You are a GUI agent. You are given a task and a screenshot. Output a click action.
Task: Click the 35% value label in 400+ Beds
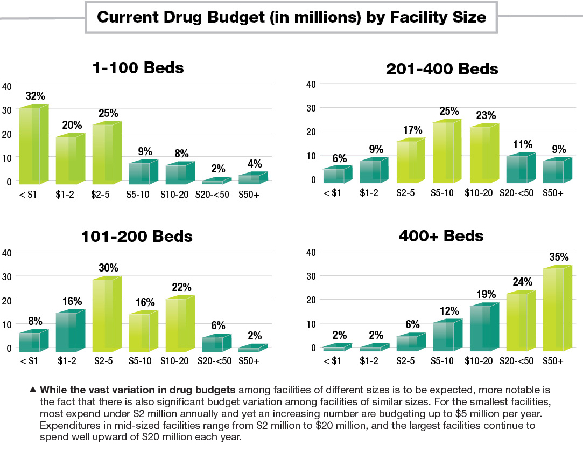click(x=558, y=257)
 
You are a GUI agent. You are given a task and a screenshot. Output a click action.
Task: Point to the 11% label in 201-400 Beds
click(x=522, y=144)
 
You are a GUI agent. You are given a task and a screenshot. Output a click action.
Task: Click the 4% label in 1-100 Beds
click(x=254, y=163)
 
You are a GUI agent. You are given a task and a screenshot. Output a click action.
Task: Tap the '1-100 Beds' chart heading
click(x=138, y=68)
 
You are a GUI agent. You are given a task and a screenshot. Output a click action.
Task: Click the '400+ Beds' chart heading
click(x=441, y=236)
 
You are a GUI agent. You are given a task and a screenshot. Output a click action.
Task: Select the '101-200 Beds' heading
click(x=137, y=237)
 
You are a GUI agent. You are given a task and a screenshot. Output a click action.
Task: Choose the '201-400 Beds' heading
click(x=441, y=69)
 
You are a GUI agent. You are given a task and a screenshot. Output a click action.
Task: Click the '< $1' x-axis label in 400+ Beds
click(x=332, y=362)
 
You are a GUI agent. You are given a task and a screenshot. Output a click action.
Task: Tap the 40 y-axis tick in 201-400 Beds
click(x=311, y=84)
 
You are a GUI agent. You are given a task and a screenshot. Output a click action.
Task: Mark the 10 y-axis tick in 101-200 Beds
click(x=6, y=324)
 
